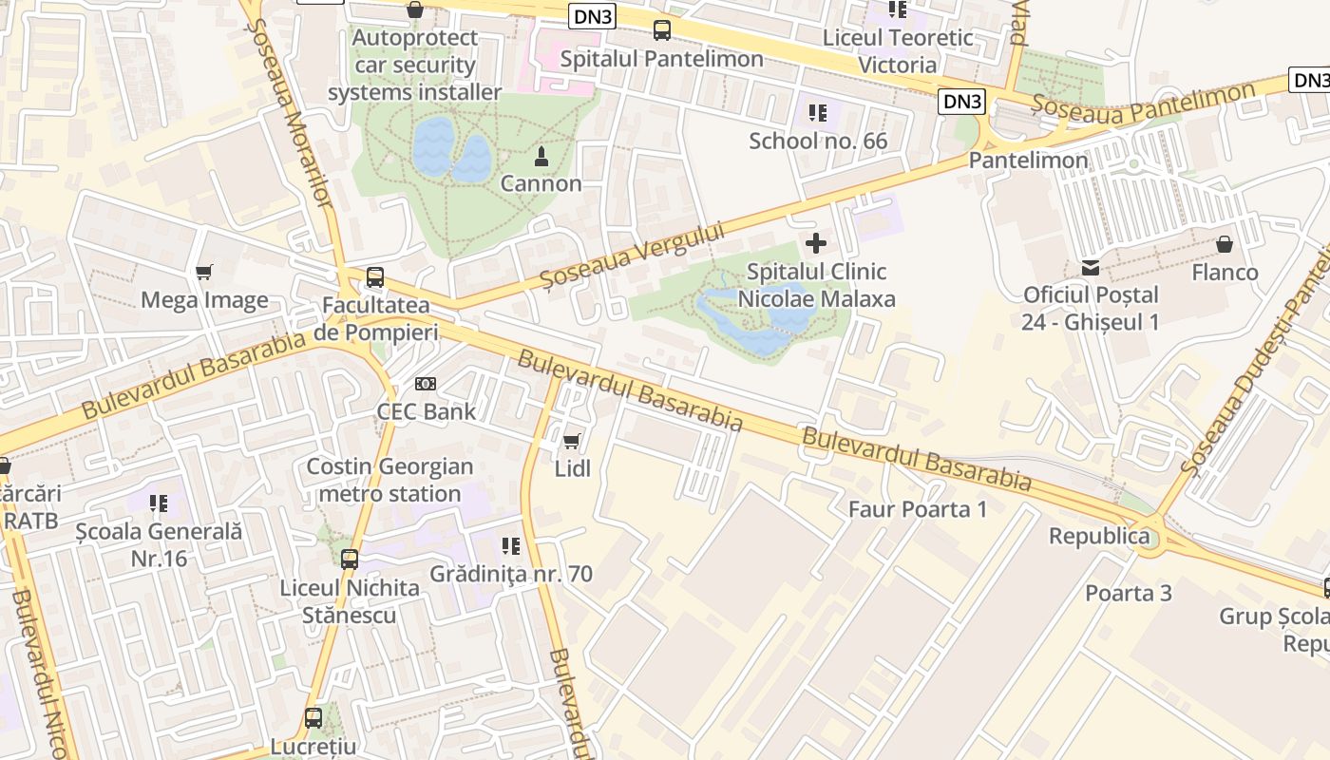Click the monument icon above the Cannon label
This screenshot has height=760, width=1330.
point(541,155)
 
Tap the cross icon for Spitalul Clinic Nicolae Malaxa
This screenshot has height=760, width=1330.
point(815,243)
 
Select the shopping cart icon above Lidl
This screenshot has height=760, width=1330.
point(571,441)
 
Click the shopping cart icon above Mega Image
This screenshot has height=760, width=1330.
point(203,273)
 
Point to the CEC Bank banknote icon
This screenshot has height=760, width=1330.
point(426,384)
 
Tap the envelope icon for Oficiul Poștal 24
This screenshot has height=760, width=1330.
point(1090,268)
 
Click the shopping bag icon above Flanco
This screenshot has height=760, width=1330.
point(1225,244)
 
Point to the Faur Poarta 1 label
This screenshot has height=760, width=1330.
point(917,509)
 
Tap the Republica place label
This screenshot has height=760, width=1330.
point(1099,536)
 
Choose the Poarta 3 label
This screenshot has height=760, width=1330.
point(1129,593)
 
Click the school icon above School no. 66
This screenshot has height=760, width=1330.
point(817,113)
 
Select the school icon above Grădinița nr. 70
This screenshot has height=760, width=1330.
point(511,546)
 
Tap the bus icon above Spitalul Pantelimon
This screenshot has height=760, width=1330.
point(662,30)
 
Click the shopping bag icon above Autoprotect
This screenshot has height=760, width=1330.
point(414,10)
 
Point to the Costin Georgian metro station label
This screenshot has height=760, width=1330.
point(389,480)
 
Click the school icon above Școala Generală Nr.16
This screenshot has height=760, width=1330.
point(159,503)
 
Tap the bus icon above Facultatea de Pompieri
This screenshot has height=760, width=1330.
point(375,277)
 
